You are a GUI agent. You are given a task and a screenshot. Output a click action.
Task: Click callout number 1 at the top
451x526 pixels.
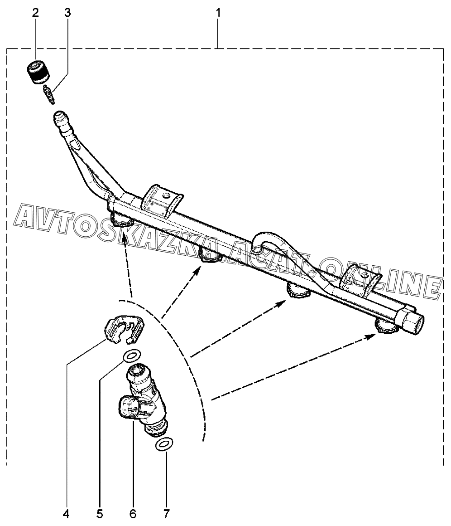point(218,13)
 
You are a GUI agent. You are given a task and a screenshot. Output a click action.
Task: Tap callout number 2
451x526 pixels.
point(35,13)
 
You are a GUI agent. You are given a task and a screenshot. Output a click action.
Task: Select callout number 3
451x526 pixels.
point(67,13)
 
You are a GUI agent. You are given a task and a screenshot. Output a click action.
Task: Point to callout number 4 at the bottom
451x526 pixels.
point(66,514)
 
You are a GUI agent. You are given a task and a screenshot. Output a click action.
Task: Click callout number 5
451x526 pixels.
point(100,514)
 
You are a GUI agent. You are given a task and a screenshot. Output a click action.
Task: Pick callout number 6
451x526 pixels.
point(133,514)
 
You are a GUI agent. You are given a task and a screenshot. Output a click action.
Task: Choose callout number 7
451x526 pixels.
point(166,514)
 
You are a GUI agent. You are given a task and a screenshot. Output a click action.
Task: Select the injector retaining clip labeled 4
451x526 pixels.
point(122,329)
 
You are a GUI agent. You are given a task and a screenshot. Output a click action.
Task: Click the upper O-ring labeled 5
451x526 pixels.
point(132,356)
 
